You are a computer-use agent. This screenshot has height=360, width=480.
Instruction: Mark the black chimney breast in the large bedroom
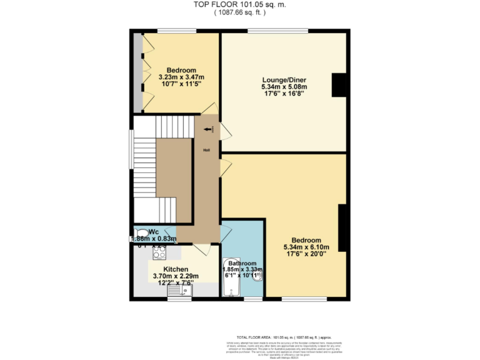click(342, 227)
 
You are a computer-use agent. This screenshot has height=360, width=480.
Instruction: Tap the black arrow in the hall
click(207, 129)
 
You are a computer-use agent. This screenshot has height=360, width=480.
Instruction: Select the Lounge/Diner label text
click(284, 79)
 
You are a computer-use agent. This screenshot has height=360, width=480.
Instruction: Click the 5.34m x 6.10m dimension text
click(306, 247)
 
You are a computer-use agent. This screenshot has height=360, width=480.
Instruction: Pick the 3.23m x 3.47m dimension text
click(181, 77)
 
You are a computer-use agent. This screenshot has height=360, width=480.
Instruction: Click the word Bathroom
click(242, 263)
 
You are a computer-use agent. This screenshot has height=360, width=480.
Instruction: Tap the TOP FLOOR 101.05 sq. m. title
click(240, 5)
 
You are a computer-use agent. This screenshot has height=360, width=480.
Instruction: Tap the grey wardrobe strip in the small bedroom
click(137, 72)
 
